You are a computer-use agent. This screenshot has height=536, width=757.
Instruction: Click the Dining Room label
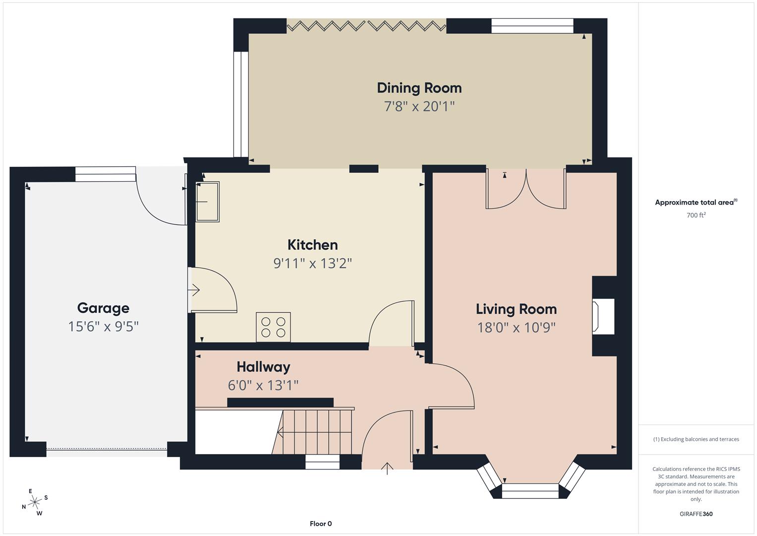[419, 88]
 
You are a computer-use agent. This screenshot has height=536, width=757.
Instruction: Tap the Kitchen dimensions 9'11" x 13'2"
[312, 263]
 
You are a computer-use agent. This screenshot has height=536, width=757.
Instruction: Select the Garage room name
[103, 308]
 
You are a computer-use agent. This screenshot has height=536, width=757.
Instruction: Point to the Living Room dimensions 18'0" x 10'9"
[516, 328]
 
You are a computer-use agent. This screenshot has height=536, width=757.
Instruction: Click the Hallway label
[263, 367]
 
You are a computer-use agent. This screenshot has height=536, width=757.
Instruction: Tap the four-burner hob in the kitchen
[273, 327]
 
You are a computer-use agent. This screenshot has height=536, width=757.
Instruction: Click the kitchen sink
[208, 201]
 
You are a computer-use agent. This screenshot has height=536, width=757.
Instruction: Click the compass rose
[35, 502]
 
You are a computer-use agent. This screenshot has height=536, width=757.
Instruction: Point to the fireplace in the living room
[603, 316]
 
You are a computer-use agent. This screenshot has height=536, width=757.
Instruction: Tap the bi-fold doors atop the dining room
[366, 26]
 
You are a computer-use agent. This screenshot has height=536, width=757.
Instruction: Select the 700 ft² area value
[696, 215]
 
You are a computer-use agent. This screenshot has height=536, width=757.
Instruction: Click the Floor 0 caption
[321, 524]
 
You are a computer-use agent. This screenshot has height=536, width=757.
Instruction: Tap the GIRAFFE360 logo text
[696, 514]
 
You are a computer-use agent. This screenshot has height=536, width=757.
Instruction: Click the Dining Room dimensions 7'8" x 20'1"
[419, 106]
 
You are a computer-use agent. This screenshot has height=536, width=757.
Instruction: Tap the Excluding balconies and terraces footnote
[696, 439]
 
